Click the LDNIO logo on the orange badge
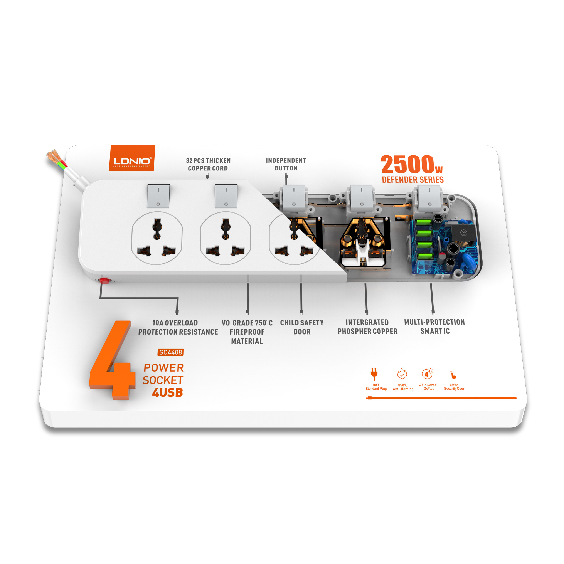(x=132, y=161)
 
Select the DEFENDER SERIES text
(x=412, y=180)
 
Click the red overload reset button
(x=104, y=281)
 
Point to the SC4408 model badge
(x=170, y=352)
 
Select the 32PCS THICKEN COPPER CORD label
(x=208, y=164)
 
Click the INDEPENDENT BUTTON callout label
(x=286, y=164)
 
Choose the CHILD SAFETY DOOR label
(x=302, y=327)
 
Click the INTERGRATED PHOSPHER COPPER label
(x=367, y=327)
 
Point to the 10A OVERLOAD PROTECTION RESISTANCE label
(x=178, y=327)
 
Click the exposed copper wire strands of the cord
(x=53, y=157)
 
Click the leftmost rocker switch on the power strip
(x=158, y=196)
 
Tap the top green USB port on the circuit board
(x=424, y=222)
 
